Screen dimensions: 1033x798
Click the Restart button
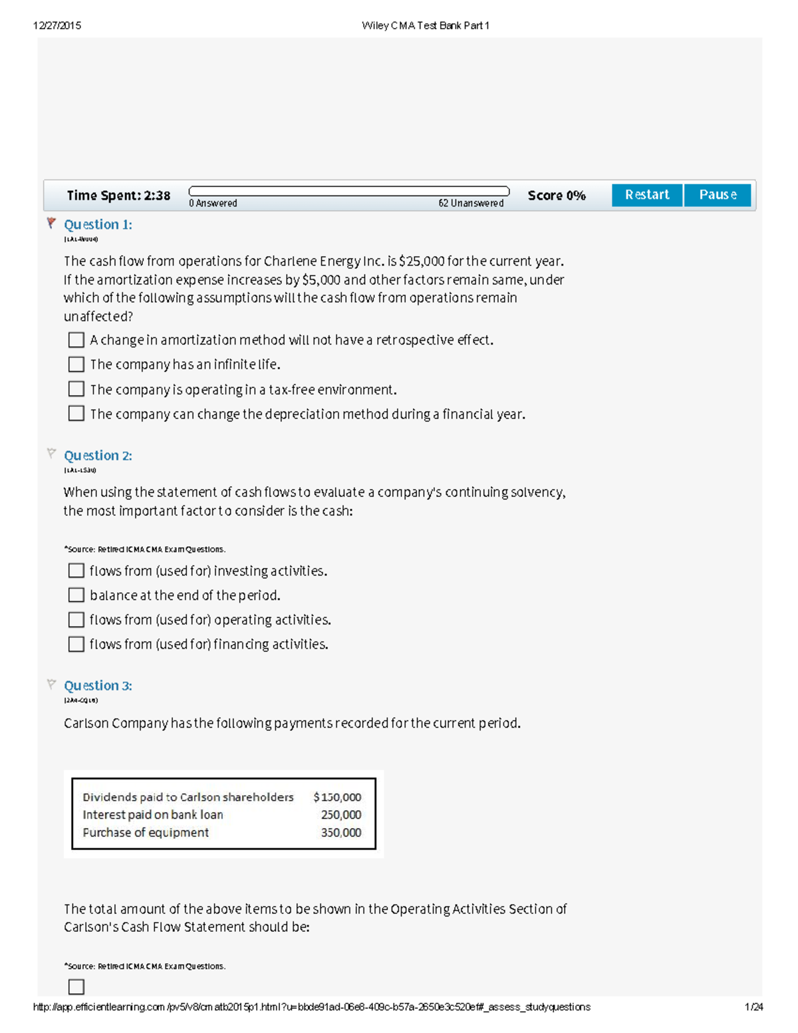click(x=646, y=195)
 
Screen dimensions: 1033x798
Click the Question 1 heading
click(x=98, y=225)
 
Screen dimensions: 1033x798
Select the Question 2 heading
click(x=98, y=456)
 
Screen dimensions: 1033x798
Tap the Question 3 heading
click(x=98, y=686)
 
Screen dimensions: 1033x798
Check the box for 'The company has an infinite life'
click(x=76, y=365)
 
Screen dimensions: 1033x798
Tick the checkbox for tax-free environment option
click(x=76, y=389)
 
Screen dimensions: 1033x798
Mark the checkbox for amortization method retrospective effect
click(x=76, y=340)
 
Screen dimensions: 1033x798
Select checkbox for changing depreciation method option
click(x=76, y=414)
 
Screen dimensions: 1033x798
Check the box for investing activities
click(x=76, y=571)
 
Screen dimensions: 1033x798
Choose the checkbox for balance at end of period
click(x=76, y=595)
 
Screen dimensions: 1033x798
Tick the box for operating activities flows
click(x=76, y=620)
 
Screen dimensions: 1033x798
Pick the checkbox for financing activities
click(x=76, y=644)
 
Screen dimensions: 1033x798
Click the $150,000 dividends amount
click(x=337, y=797)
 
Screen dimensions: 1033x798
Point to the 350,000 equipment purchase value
click(x=341, y=833)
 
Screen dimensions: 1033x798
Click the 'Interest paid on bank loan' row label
click(x=153, y=815)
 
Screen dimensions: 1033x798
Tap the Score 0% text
click(x=557, y=196)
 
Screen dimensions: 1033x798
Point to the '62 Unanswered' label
click(x=471, y=204)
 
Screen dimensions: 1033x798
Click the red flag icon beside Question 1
click(x=51, y=223)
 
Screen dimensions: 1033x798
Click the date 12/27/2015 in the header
click(x=57, y=26)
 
